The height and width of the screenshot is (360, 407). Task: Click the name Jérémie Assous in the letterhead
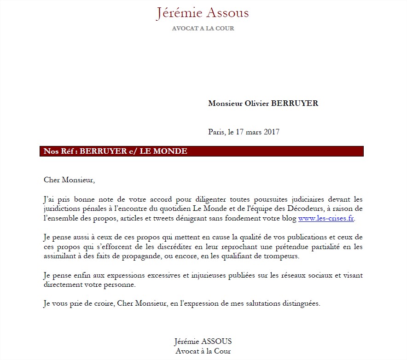click(x=203, y=13)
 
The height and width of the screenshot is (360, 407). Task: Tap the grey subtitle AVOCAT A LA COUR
click(x=203, y=29)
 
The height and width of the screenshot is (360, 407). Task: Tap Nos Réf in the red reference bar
click(x=59, y=151)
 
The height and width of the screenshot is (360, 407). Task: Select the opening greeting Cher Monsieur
click(x=69, y=180)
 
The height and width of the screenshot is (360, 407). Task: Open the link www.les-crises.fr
click(x=326, y=218)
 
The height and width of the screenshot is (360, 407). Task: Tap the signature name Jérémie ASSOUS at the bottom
click(x=203, y=342)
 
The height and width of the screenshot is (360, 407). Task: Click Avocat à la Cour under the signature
click(x=203, y=351)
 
